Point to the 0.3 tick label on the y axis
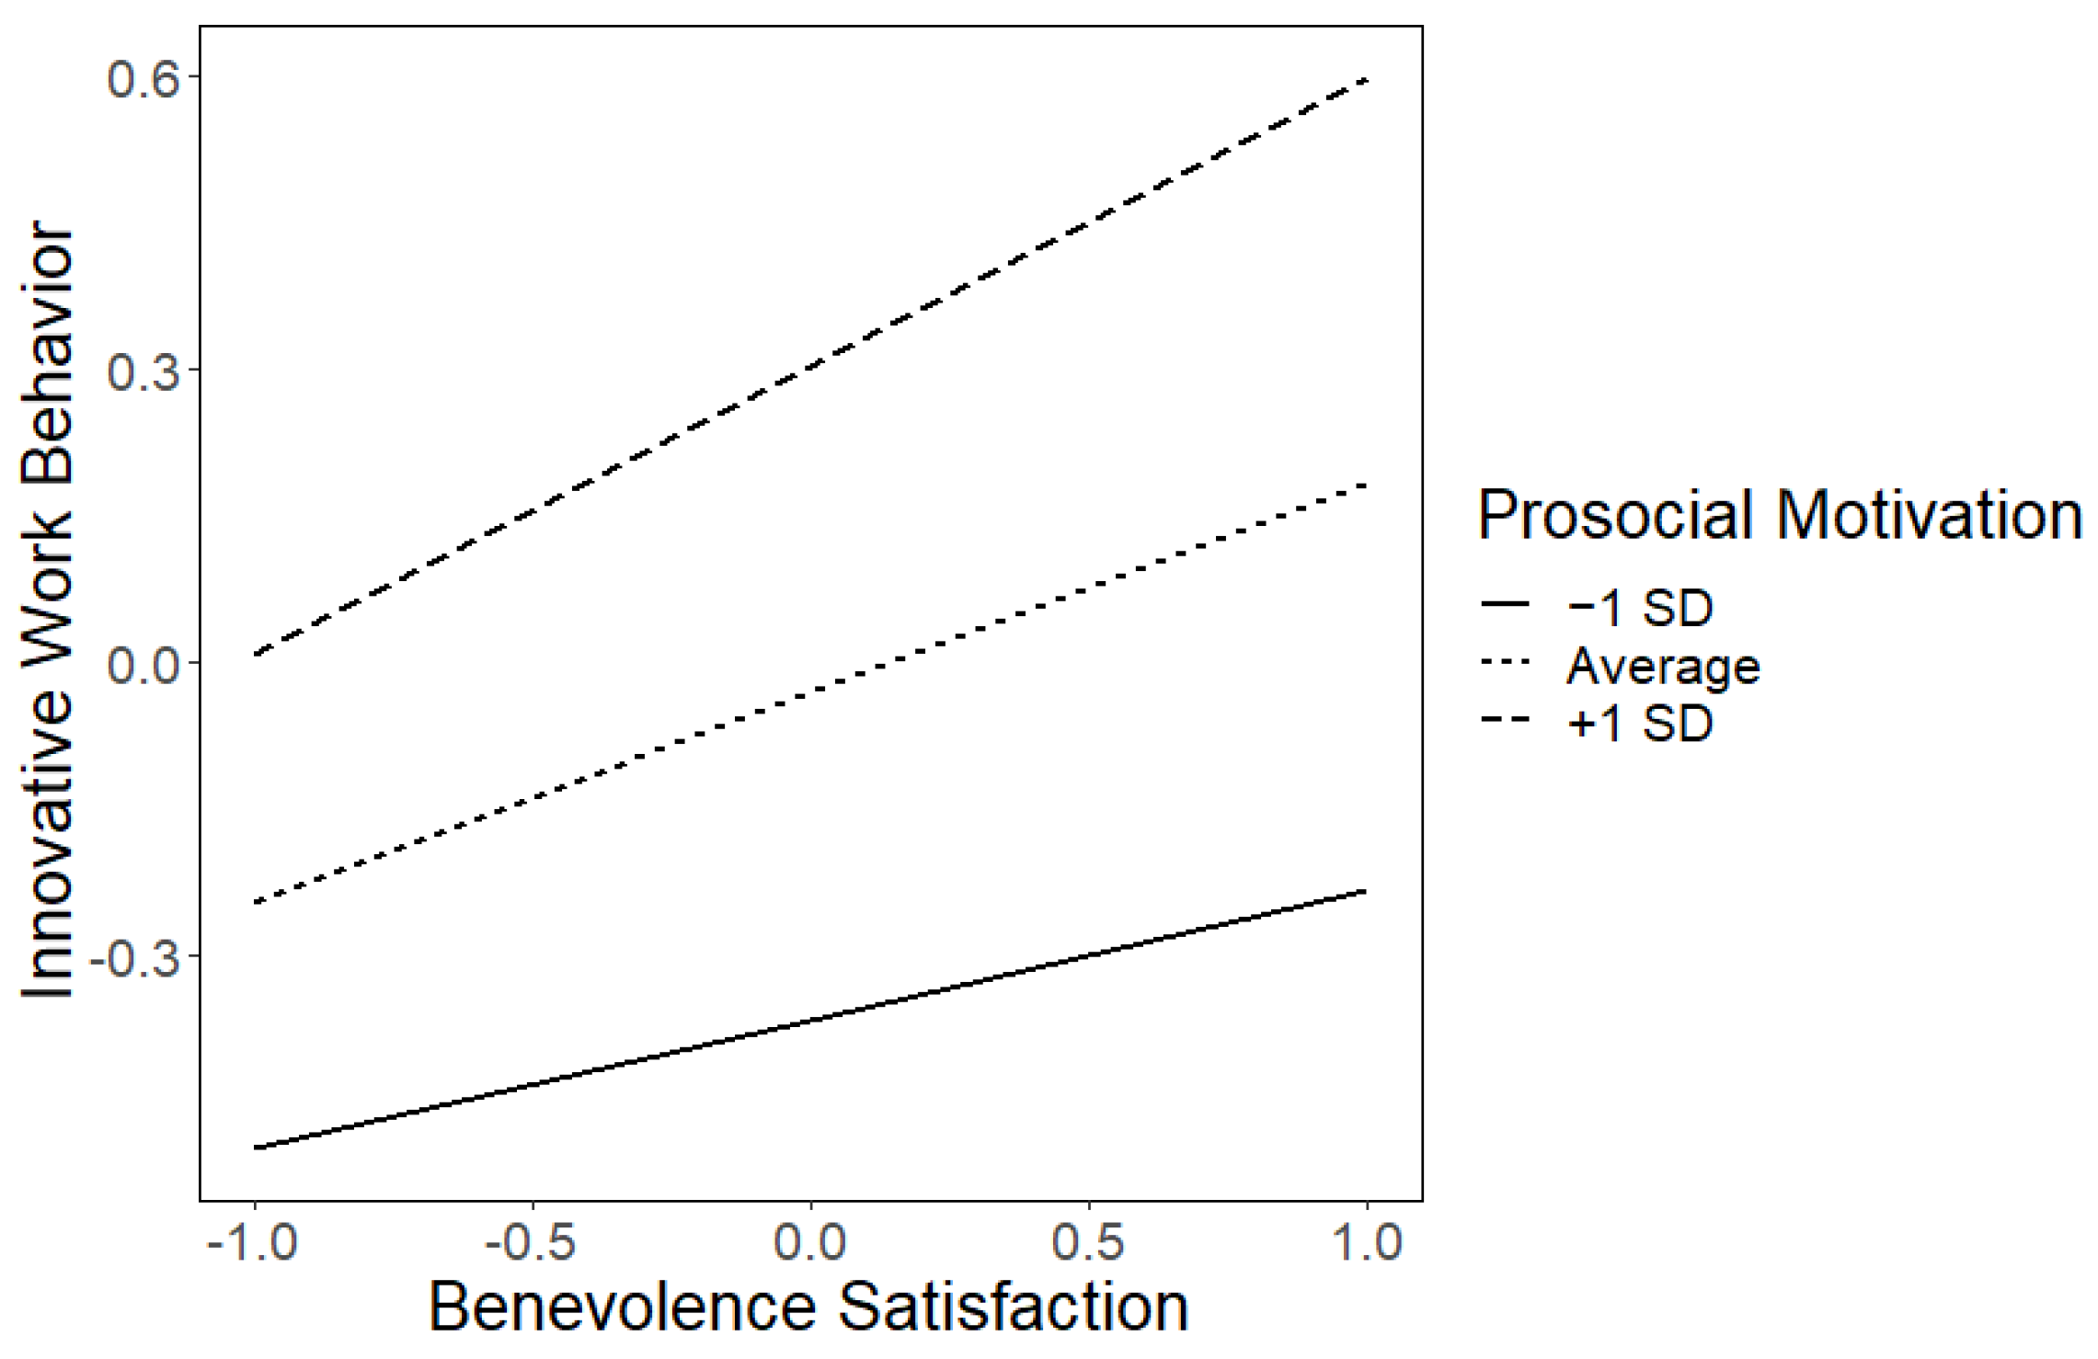(x=143, y=371)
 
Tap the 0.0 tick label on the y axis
(x=143, y=664)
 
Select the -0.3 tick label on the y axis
(x=133, y=957)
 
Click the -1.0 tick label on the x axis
(x=253, y=1243)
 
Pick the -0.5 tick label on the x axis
(x=531, y=1243)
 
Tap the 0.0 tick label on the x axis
(x=810, y=1243)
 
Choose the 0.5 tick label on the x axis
(x=1089, y=1243)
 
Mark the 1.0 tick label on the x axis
(x=1368, y=1243)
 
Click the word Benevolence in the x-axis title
(x=622, y=1308)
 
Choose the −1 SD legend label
(x=1640, y=608)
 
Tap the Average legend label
(x=1663, y=666)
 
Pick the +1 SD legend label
(x=1640, y=724)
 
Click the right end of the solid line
(x=1366, y=891)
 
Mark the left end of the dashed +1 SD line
(x=256, y=655)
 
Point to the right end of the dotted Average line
(x=1366, y=485)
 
